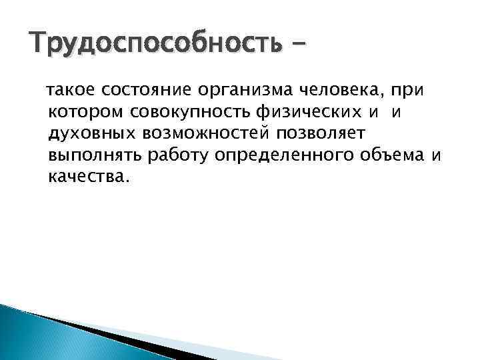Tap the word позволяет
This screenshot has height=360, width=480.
click(x=313, y=135)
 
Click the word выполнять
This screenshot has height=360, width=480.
click(x=91, y=157)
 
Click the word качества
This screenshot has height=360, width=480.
click(x=86, y=178)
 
